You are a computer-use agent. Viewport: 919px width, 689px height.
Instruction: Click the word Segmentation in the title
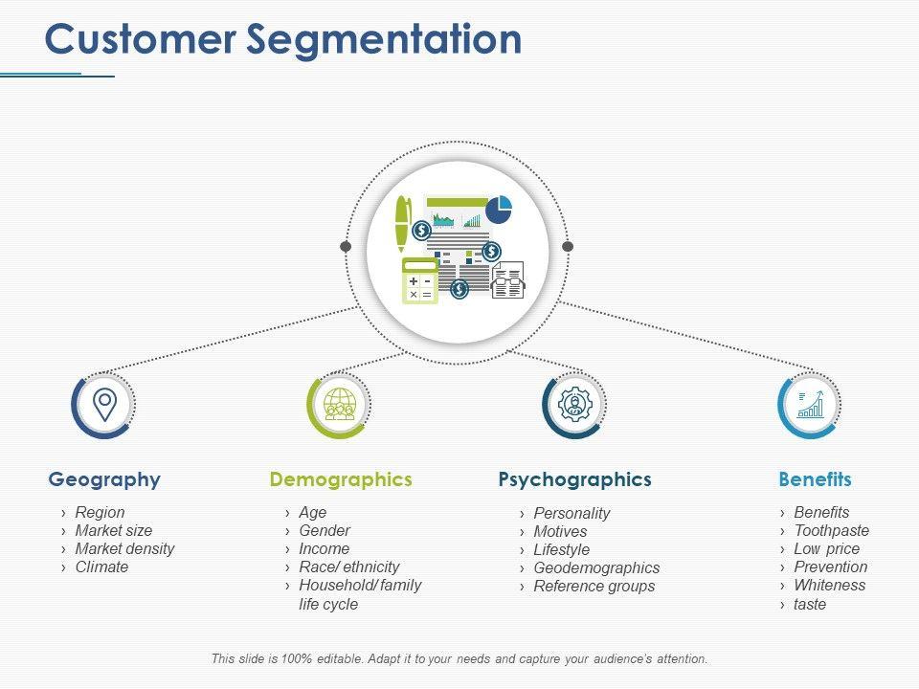tap(384, 41)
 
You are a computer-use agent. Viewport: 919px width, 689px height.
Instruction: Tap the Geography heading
tap(104, 479)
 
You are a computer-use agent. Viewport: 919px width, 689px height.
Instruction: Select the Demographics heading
tap(341, 479)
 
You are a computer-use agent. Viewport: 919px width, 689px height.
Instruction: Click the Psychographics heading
tap(575, 479)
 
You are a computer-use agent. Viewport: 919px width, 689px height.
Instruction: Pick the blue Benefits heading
tap(816, 479)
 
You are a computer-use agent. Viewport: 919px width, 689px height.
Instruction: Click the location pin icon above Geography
tap(105, 405)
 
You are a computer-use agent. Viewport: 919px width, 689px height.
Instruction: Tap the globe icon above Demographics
tap(340, 404)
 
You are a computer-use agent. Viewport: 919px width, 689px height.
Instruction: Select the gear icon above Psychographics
tap(575, 404)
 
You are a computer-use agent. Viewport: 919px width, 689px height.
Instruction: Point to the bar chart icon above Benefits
tap(811, 404)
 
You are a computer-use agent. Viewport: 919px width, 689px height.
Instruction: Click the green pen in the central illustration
tap(403, 224)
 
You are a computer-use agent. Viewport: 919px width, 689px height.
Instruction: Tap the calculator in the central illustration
tap(420, 280)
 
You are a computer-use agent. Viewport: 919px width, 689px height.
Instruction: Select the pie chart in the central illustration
tap(499, 210)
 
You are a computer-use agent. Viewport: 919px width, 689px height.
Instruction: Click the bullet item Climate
tap(101, 567)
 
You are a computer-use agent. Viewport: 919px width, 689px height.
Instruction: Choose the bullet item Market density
tap(124, 549)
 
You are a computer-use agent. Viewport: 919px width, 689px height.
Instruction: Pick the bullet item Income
tap(325, 549)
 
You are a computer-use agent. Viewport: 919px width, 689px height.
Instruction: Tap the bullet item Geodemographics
tap(596, 568)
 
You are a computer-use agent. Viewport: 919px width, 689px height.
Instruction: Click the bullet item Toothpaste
tap(832, 531)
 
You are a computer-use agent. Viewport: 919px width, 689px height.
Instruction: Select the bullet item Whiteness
tap(830, 586)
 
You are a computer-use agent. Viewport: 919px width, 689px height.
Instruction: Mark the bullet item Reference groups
tap(594, 587)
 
